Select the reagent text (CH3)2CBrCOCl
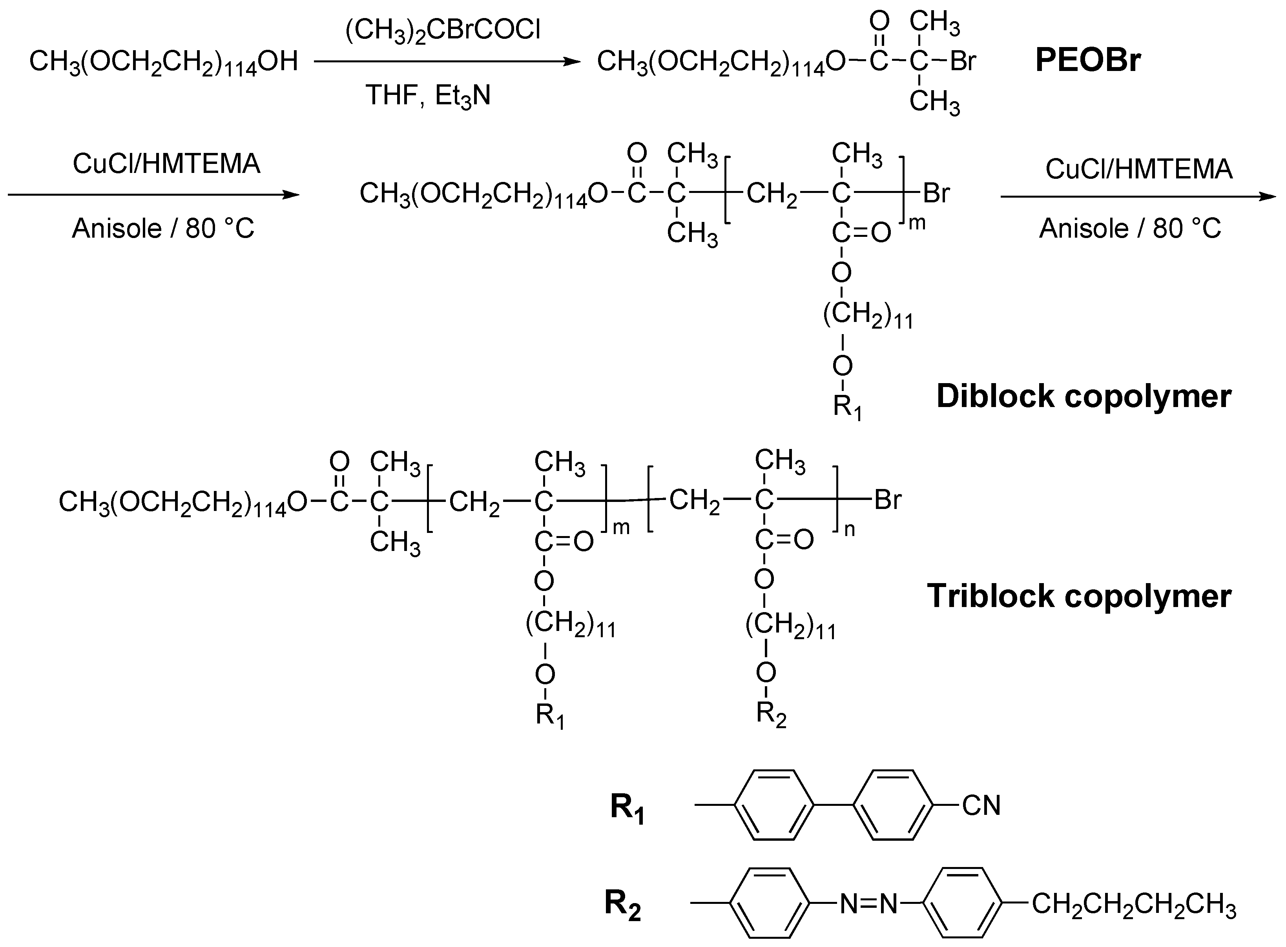click(443, 30)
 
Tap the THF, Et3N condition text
click(428, 95)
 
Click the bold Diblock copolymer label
click(1084, 396)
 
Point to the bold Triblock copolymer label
click(1079, 596)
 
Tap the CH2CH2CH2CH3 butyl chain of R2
click(1133, 905)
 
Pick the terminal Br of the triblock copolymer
click(887, 500)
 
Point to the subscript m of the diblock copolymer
click(917, 223)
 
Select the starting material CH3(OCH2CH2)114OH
click(164, 61)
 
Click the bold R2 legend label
click(622, 904)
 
